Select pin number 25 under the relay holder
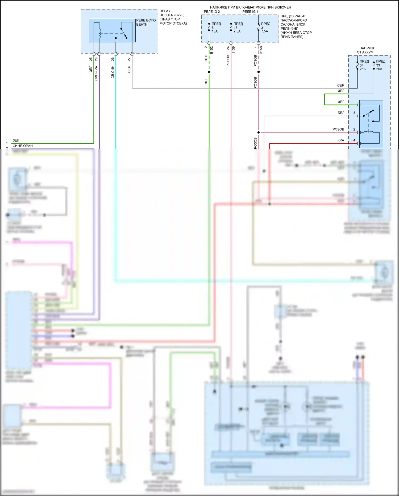[91, 59]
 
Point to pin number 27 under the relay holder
[129, 59]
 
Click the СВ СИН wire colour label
[113, 72]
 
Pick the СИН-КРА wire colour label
[96, 73]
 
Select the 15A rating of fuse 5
[215, 31]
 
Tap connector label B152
[212, 50]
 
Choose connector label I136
[234, 49]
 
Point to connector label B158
[261, 50]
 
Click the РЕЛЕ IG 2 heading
[212, 11]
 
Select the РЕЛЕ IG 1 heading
[250, 11]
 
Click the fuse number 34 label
[361, 65]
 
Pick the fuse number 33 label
[378, 65]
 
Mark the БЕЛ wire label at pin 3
[341, 113]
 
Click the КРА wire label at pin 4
[341, 140]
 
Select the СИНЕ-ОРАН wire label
[23, 146]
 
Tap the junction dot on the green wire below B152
[209, 72]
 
